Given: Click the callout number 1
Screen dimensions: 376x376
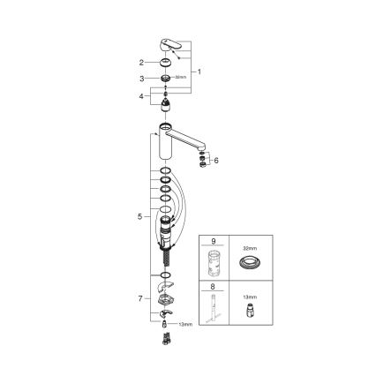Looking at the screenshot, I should click(x=199, y=71).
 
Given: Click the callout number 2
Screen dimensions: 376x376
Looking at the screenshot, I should click(x=140, y=63).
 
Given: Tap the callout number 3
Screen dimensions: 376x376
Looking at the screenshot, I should click(x=140, y=79).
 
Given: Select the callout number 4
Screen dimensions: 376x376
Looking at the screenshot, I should click(x=140, y=96).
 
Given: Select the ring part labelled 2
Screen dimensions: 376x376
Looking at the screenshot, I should click(x=168, y=63).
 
